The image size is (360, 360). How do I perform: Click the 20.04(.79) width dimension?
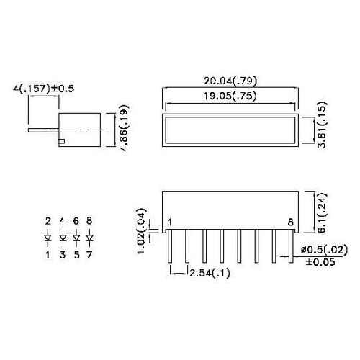(230, 81)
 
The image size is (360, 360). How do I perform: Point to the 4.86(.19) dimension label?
(125, 129)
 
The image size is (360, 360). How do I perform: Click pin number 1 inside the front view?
(170, 222)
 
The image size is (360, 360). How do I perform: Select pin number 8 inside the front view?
(290, 222)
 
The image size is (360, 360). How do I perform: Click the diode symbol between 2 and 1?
(48, 237)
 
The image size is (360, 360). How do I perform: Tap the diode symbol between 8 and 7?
(89, 237)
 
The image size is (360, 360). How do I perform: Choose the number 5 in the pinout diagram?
(76, 254)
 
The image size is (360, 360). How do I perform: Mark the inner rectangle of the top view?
(230, 130)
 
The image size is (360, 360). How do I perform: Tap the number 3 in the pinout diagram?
(62, 254)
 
